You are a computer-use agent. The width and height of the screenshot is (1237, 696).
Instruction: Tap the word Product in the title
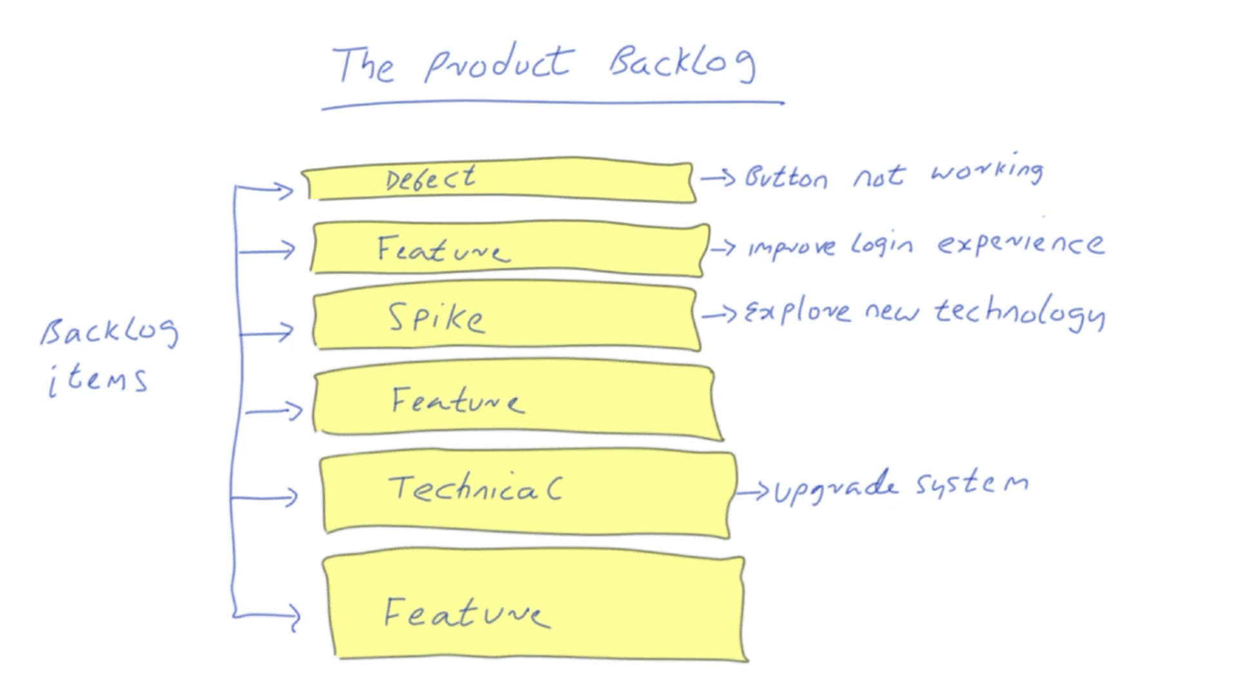pos(497,64)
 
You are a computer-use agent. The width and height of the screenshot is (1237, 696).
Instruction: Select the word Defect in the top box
pos(430,179)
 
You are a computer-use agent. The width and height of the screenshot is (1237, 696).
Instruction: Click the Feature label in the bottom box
pos(466,612)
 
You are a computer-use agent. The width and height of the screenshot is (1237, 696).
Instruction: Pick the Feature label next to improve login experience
pos(443,249)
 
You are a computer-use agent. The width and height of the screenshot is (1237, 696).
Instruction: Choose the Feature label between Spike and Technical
pos(457,400)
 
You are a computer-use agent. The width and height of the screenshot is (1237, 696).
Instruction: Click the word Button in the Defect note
pos(786,177)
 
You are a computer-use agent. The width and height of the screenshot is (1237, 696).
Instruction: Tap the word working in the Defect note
pos(986,172)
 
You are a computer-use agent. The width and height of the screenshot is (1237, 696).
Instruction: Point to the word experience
pos(1020,244)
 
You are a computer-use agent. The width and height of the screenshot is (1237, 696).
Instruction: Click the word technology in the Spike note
pos(1019,313)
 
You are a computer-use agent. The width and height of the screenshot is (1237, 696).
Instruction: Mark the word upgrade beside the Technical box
pos(835,487)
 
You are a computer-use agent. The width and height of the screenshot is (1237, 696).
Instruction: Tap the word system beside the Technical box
pos(972,483)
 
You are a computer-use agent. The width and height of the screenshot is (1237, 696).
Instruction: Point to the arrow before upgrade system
pos(753,493)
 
